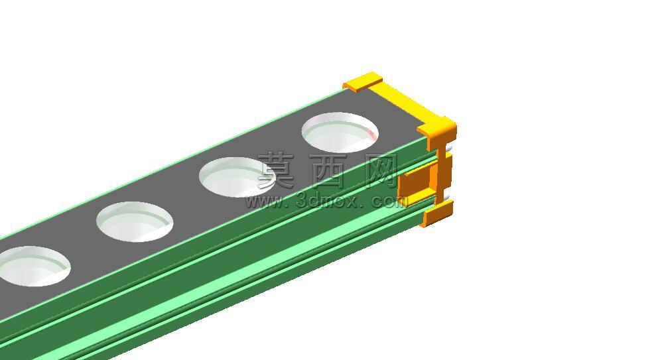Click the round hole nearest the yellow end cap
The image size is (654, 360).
(x=340, y=132)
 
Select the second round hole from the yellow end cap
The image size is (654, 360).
(x=237, y=177)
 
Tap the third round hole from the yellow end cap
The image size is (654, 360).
(x=135, y=221)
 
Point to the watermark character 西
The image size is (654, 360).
(x=328, y=170)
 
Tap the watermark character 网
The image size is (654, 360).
(x=380, y=170)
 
